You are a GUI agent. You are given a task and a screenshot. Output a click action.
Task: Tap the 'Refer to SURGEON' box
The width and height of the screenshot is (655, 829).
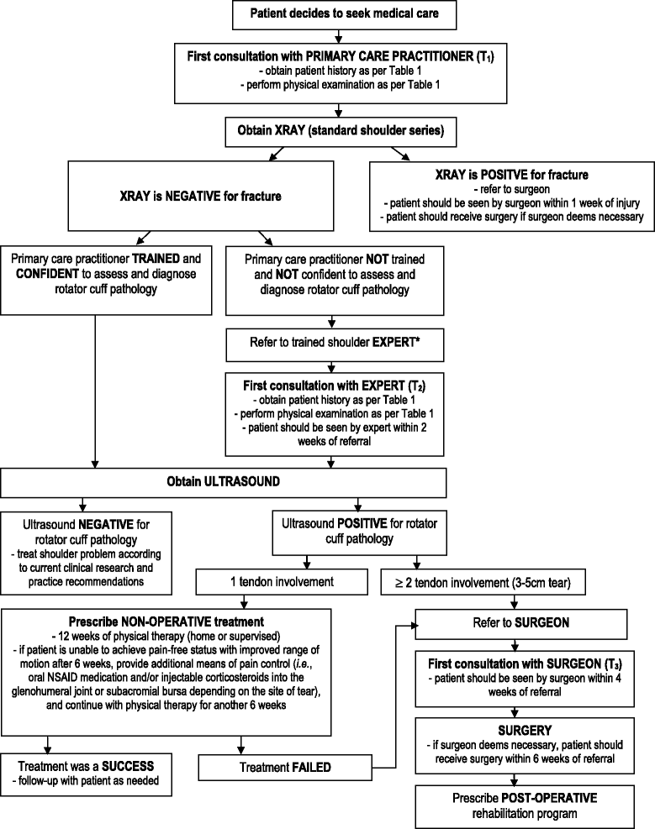pyautogui.click(x=521, y=625)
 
